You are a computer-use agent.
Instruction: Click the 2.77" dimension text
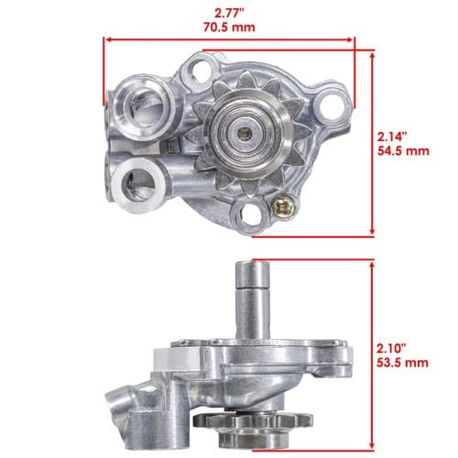click(229, 14)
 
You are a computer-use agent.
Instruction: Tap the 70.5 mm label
click(229, 27)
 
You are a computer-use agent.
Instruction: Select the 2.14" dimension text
click(392, 136)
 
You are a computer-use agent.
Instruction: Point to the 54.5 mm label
click(403, 151)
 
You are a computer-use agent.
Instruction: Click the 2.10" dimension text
click(392, 348)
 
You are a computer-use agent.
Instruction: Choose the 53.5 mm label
click(402, 363)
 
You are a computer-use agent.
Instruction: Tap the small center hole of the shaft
click(245, 133)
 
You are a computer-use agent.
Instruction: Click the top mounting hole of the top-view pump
click(202, 70)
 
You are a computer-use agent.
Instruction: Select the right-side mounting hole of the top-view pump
click(331, 105)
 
